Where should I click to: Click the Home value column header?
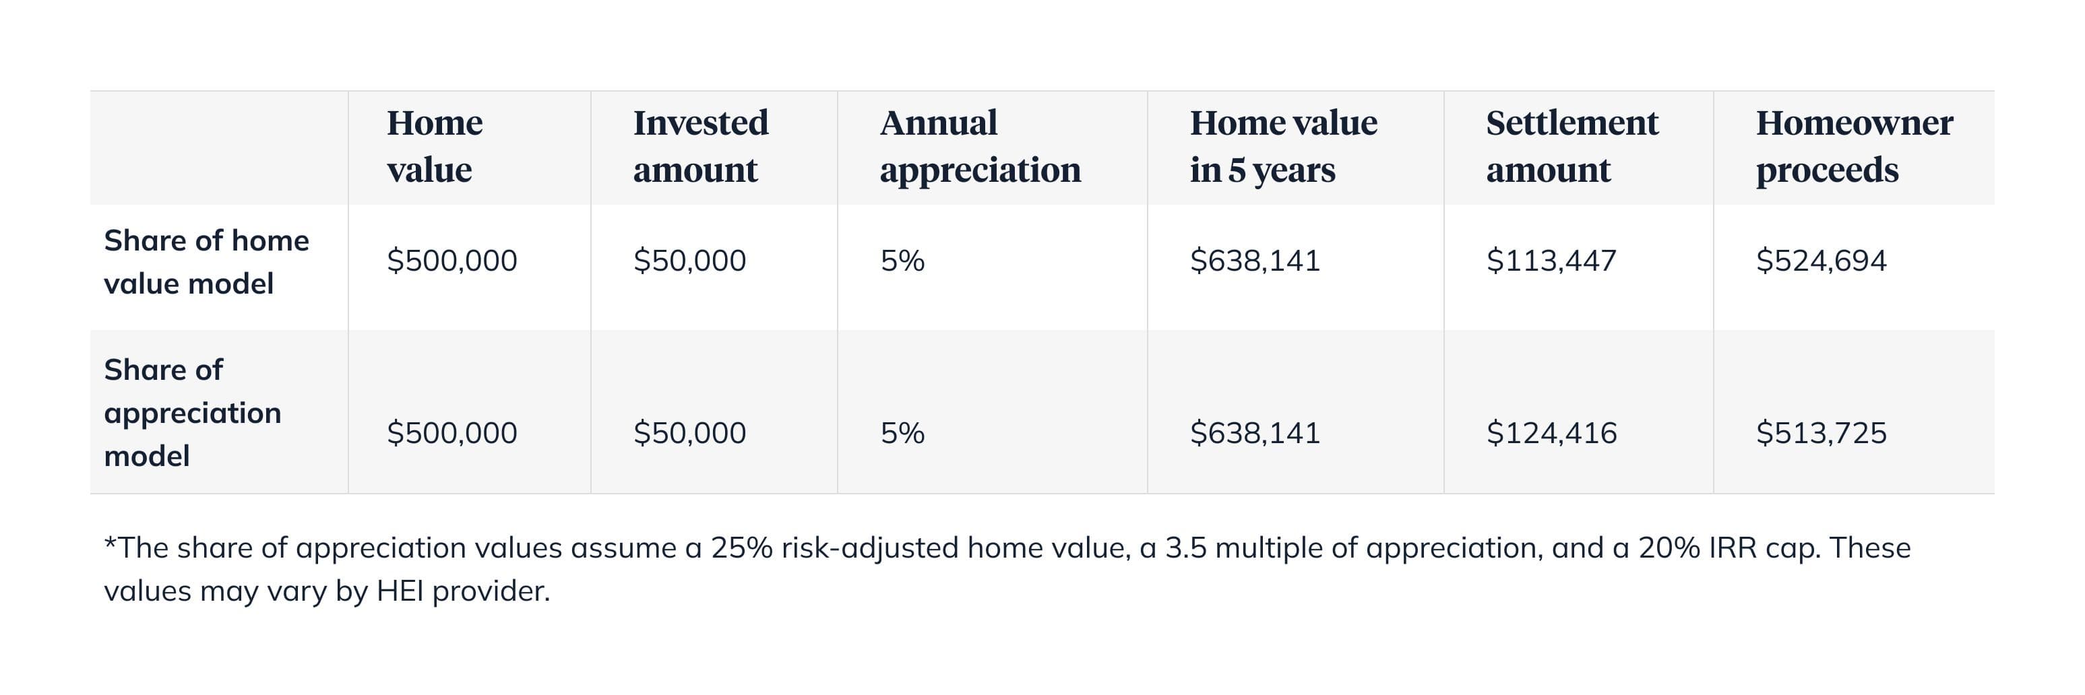435,146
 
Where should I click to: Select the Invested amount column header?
700,146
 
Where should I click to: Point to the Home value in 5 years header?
1283,146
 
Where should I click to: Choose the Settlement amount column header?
1572,146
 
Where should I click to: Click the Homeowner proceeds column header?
1853,146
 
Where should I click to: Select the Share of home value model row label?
206,262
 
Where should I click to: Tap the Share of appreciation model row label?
193,413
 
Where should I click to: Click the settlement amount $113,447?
1551,261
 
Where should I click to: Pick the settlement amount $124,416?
1551,433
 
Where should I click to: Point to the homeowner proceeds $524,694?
1820,261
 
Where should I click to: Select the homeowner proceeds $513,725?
1820,433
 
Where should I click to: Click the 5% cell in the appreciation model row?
902,433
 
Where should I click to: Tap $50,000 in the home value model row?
689,261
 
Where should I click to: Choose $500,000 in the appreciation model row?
452,433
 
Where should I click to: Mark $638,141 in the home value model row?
1255,261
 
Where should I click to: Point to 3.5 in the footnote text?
1185,548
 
